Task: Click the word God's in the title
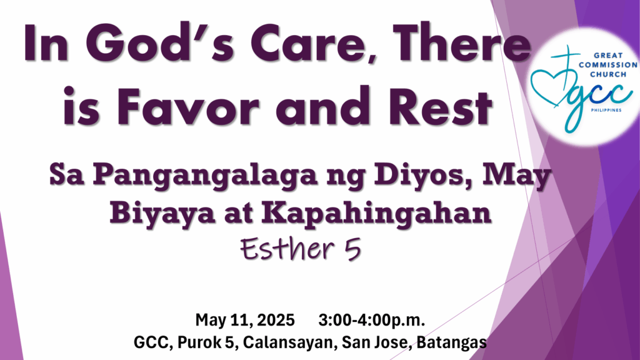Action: click(159, 43)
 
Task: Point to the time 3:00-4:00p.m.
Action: click(371, 320)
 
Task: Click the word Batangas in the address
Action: click(451, 342)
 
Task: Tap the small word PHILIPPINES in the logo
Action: click(606, 110)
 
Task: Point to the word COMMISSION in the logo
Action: click(607, 65)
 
